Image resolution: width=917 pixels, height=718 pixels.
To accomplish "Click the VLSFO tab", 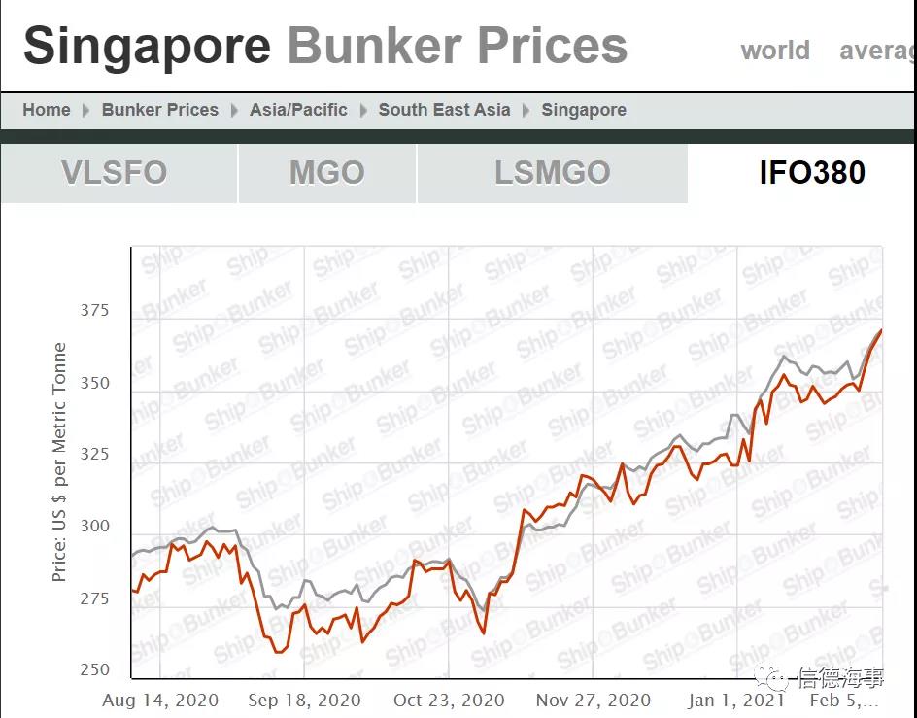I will click(115, 173).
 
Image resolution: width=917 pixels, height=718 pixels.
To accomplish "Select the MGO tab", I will click(326, 173).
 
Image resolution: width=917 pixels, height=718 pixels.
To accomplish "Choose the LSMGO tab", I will click(552, 173).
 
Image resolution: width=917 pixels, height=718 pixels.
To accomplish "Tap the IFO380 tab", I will click(812, 173).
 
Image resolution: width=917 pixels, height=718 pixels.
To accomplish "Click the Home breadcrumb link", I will click(47, 110).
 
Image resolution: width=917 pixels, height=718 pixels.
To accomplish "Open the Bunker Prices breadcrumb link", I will click(160, 110).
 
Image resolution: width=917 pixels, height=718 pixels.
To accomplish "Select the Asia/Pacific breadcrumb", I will click(298, 110).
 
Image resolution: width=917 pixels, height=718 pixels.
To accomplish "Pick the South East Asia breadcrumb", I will click(444, 110).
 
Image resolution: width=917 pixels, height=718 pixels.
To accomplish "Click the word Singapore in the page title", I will click(147, 47).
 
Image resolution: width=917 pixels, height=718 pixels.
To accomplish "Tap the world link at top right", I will click(775, 51).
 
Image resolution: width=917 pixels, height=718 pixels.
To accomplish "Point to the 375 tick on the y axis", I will click(95, 311).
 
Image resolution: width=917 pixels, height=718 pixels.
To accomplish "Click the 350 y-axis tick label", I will click(95, 383).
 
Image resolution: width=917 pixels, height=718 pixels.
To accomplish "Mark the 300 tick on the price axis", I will click(95, 527).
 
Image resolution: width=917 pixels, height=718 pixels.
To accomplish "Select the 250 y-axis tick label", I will click(95, 670).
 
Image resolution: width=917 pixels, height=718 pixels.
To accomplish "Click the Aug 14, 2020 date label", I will click(160, 700).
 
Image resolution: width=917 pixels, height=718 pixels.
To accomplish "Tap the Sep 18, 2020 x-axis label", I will click(304, 700).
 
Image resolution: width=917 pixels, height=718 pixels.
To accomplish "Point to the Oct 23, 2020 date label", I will click(449, 700).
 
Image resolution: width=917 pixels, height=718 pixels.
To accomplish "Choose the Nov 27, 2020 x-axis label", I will click(593, 700).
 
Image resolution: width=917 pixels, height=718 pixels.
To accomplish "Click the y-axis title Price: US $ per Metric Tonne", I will click(59, 462).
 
